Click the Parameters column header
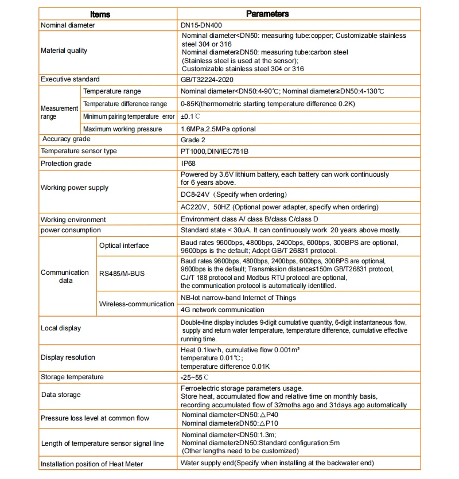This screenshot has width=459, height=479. [267, 14]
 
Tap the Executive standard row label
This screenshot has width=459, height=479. [70, 79]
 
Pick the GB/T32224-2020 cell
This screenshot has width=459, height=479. [207, 80]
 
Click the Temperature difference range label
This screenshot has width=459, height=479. [125, 104]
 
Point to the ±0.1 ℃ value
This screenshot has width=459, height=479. [190, 116]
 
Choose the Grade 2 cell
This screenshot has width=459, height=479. [194, 139]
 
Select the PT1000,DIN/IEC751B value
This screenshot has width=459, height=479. [215, 151]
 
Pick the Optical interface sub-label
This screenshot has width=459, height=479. [124, 246]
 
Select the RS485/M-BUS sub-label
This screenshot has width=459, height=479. [122, 274]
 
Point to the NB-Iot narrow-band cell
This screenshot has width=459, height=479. [238, 298]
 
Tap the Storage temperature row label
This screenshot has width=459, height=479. [72, 377]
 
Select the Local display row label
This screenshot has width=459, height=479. [61, 328]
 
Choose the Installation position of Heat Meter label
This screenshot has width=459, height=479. [92, 464]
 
